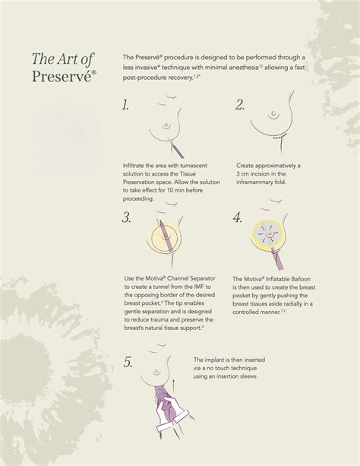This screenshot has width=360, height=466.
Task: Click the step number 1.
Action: (x=125, y=105)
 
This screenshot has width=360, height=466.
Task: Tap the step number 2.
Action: (x=240, y=105)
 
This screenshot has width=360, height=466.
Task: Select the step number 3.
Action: (x=127, y=218)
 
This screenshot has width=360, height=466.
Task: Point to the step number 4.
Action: (x=238, y=218)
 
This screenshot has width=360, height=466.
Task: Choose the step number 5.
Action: (x=128, y=363)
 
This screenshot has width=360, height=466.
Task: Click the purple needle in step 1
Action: (x=178, y=151)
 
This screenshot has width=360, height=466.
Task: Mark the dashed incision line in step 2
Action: (x=279, y=138)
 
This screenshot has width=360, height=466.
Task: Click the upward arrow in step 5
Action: (x=173, y=385)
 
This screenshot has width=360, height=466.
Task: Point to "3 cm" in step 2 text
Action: (x=243, y=174)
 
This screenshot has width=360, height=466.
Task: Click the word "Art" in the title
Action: (x=68, y=59)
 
